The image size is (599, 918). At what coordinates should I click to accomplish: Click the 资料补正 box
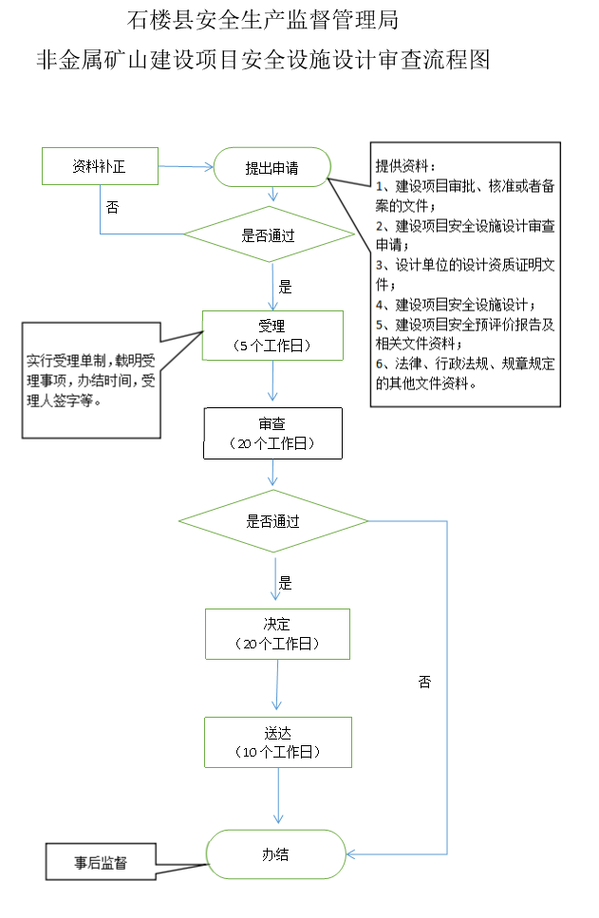pos(100,166)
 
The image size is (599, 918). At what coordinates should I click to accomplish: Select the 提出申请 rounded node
pos(272,167)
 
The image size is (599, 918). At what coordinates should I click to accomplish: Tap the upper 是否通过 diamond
pos(270,234)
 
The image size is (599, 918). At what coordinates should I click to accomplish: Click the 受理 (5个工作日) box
pos(272,335)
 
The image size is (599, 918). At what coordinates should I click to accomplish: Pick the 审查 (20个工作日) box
pos(272,433)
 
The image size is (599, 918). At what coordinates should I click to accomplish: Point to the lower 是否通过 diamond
pos(273,521)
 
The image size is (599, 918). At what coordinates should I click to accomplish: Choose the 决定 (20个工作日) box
pos(277,634)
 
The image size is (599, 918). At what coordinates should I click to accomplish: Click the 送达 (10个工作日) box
pos(278,742)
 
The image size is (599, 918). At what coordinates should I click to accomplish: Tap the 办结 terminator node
pos(276,854)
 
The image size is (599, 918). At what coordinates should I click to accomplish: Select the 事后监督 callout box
pos(101,862)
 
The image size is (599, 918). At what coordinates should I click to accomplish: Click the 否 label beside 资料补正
pos(112,207)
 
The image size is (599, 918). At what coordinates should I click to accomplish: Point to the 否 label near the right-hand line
pos(424,682)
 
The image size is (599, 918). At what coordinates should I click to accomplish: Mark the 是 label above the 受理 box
pos(285,287)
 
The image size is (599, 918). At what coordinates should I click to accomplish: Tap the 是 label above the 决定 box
pos(285,583)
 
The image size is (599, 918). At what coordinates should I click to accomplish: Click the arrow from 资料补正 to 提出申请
pos(186,167)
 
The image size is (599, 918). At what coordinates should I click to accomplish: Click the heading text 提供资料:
pos(405,166)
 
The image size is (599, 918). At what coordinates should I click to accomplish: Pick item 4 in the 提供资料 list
pos(455,305)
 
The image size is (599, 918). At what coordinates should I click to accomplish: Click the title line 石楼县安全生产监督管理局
pos(263,20)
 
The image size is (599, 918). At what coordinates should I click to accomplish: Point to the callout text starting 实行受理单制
pos(91,381)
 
